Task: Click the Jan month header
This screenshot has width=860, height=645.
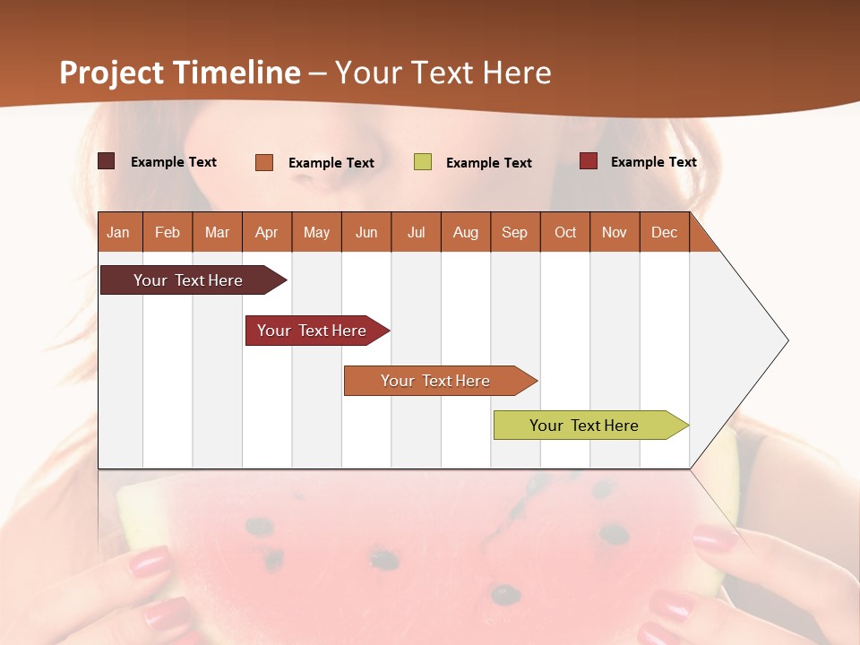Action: point(118,233)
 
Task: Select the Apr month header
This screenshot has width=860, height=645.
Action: point(267,233)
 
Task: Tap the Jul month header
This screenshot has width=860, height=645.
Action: point(416,233)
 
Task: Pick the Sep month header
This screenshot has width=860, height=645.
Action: point(514,233)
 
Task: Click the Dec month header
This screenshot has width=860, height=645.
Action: point(664,233)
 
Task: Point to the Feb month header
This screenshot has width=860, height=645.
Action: point(168,233)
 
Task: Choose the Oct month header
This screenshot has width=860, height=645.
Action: point(565,233)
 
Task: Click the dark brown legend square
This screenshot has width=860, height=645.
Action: point(107,161)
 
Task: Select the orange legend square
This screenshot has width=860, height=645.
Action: point(264,162)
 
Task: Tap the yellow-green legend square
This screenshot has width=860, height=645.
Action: point(423,162)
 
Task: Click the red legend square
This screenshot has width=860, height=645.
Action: point(589,161)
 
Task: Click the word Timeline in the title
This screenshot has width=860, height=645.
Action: point(236,73)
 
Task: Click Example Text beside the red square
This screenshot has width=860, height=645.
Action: point(653,162)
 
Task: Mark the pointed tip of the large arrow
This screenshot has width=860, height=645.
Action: point(787,340)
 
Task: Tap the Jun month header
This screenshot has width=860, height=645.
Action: point(366,233)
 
